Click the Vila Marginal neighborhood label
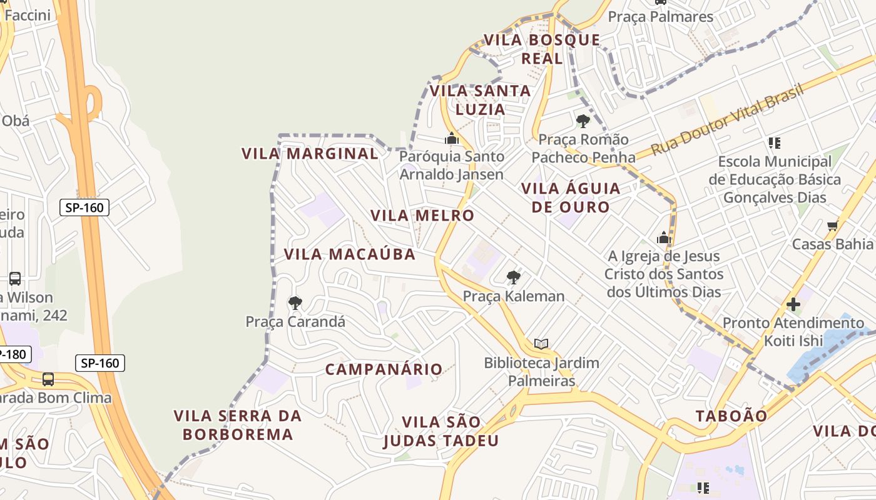point(310,154)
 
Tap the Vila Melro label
point(422,216)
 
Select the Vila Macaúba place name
point(350,254)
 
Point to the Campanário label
point(384,369)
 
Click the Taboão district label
point(731,416)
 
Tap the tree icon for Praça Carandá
point(295,304)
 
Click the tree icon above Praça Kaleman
point(514,277)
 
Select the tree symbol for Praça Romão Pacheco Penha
point(583,121)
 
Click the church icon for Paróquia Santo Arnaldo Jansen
point(452,138)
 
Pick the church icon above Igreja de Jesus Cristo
point(664,237)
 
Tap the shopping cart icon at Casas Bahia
point(832,226)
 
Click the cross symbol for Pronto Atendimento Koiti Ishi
point(793,305)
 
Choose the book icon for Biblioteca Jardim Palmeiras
point(541,344)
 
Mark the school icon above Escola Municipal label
point(775,143)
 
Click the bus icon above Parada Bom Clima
point(48,379)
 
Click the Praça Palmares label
point(661,17)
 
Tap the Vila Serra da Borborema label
point(238,425)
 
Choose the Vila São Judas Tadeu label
point(441,432)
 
